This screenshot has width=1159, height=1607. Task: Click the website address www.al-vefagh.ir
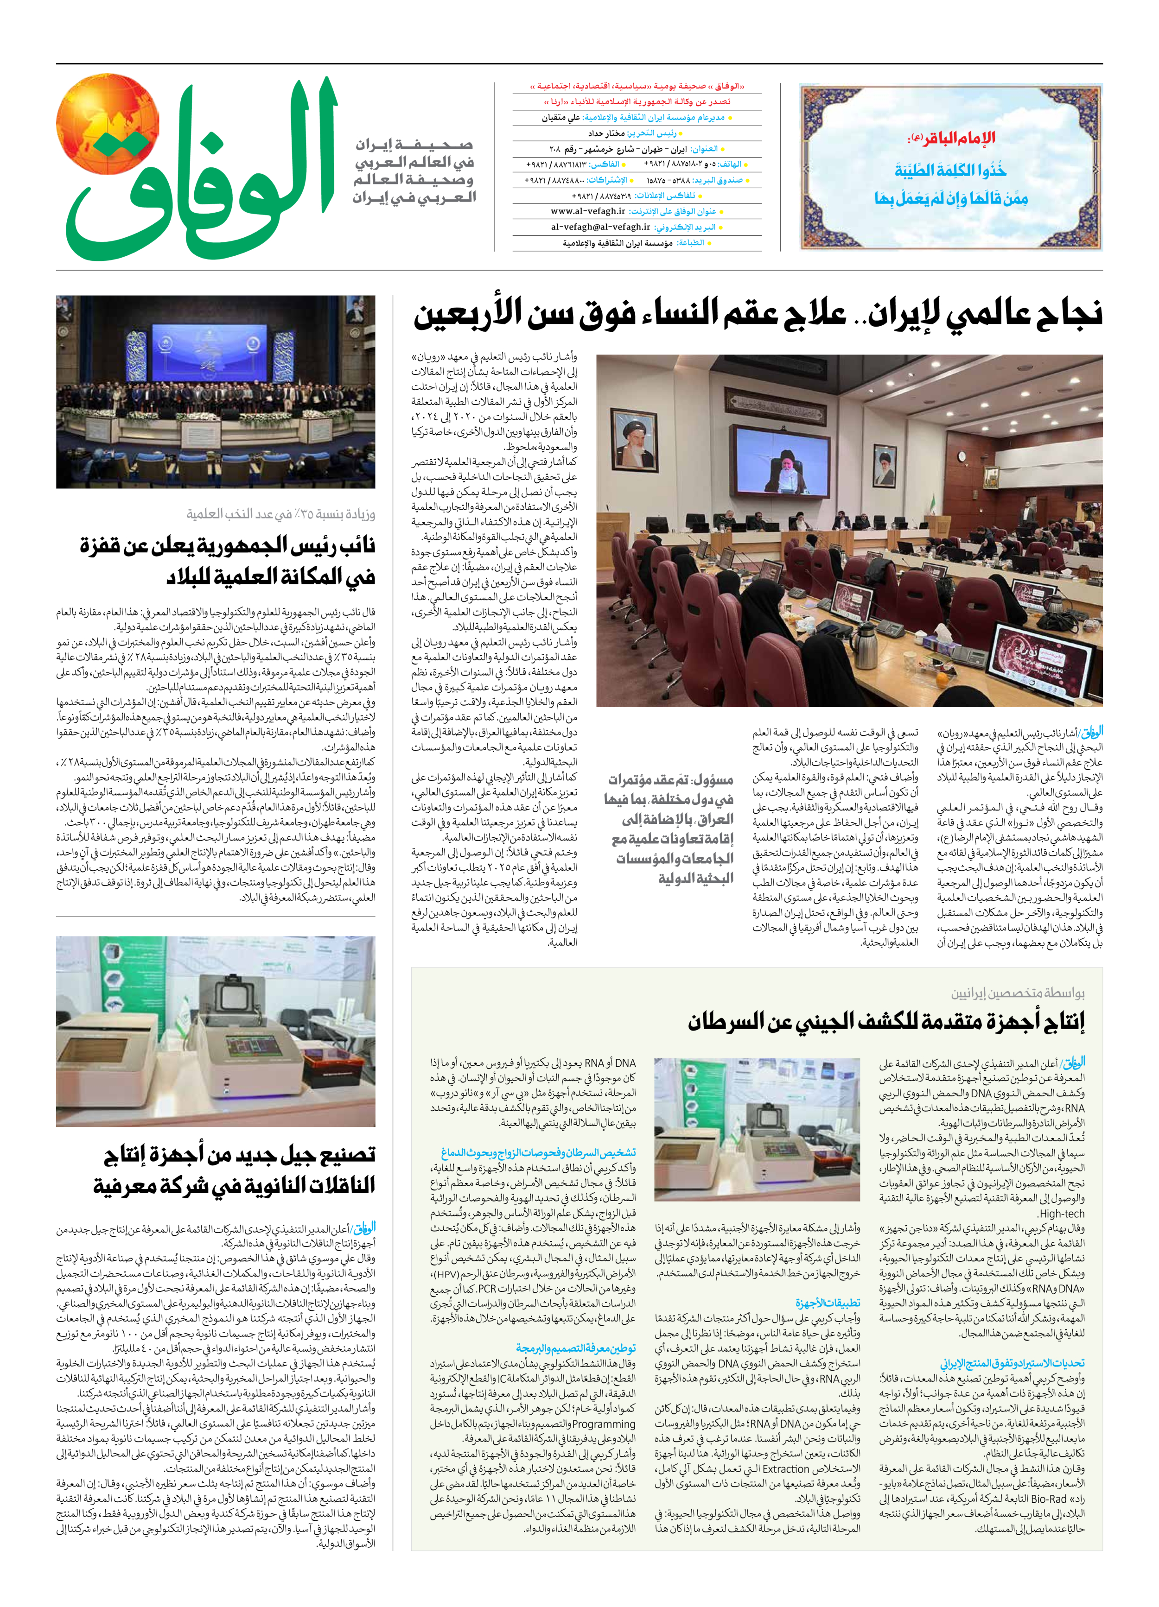588,211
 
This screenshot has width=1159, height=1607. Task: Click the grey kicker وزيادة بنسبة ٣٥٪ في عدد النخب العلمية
281,514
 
